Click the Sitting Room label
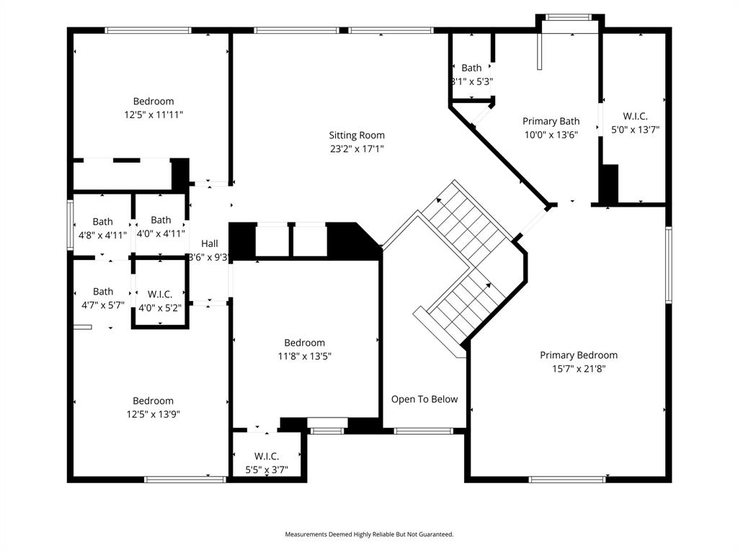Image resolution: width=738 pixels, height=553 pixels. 357,135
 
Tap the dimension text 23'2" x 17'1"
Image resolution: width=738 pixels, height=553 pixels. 357,149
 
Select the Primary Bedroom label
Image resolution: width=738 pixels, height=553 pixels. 579,355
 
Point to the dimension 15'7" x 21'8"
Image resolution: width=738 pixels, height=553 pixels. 579,369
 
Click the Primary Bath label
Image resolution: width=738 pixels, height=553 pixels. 551,121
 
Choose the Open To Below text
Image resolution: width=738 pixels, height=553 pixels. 424,399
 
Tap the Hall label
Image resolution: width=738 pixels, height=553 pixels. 210,243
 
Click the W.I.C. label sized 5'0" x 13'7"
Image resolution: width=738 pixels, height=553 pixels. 635,116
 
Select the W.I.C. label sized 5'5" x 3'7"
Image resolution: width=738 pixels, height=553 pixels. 267,457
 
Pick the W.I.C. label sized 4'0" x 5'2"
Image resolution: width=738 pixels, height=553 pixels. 159,294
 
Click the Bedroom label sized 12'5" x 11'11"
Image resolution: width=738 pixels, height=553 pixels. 154,102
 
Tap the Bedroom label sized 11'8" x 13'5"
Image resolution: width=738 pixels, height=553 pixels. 304,343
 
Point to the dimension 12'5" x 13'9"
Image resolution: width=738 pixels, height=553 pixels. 153,414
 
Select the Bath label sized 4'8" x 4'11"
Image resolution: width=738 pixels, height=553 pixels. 102,222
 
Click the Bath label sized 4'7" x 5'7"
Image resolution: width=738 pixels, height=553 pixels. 102,292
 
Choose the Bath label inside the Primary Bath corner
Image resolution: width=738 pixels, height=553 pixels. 471,68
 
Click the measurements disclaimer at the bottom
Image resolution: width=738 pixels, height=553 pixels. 369,534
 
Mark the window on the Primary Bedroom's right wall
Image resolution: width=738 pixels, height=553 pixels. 668,265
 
